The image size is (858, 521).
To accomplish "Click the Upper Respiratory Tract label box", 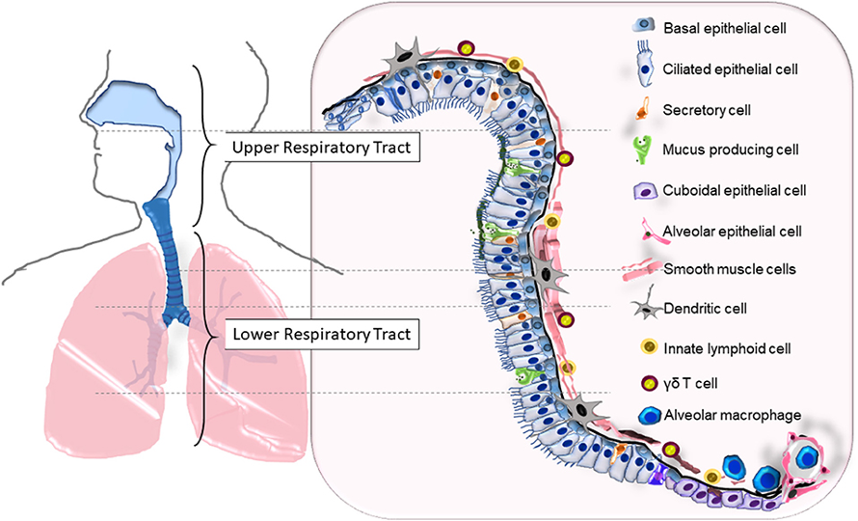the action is click(x=322, y=147).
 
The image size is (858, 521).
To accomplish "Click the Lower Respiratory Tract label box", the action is click(x=322, y=334).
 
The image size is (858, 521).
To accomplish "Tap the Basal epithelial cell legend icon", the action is click(x=645, y=25).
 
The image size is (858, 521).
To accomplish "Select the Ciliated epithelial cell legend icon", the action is click(x=646, y=68).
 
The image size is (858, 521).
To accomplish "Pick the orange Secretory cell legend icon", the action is click(x=643, y=108).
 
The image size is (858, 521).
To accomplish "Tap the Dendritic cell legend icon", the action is click(x=647, y=305).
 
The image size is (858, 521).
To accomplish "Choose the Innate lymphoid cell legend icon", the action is click(x=650, y=347).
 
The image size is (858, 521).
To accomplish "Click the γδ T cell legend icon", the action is click(x=650, y=383).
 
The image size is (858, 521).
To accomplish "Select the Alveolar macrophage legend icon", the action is click(x=650, y=416).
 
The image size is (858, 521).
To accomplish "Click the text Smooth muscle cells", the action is click(x=730, y=269).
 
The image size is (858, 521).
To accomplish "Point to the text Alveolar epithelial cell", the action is click(x=732, y=232).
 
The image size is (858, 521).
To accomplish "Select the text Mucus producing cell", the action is click(x=731, y=150).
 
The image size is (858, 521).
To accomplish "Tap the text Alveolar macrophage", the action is click(x=733, y=415).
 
